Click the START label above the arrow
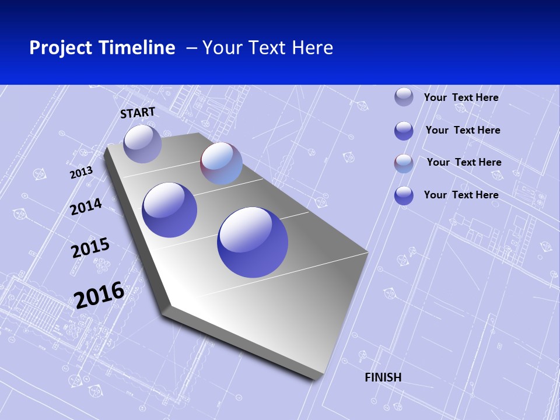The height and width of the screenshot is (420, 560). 138,113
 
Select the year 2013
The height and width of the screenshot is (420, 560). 81,173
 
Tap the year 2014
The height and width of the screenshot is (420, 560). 86,206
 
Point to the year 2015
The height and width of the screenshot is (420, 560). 90,247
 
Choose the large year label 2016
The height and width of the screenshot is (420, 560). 99,295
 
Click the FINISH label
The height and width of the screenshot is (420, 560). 383,377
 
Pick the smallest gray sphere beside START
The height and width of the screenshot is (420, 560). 142,143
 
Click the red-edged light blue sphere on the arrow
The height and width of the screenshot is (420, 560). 221,163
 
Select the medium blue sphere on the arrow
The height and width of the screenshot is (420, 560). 170,210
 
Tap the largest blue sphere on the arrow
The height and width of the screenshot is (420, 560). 253,242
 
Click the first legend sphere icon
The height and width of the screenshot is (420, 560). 404,97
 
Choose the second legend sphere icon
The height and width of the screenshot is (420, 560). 404,131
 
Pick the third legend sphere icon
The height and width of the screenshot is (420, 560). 404,163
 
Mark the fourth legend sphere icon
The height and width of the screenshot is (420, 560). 404,195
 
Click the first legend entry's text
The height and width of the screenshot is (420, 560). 461,97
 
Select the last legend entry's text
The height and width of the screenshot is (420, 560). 461,195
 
